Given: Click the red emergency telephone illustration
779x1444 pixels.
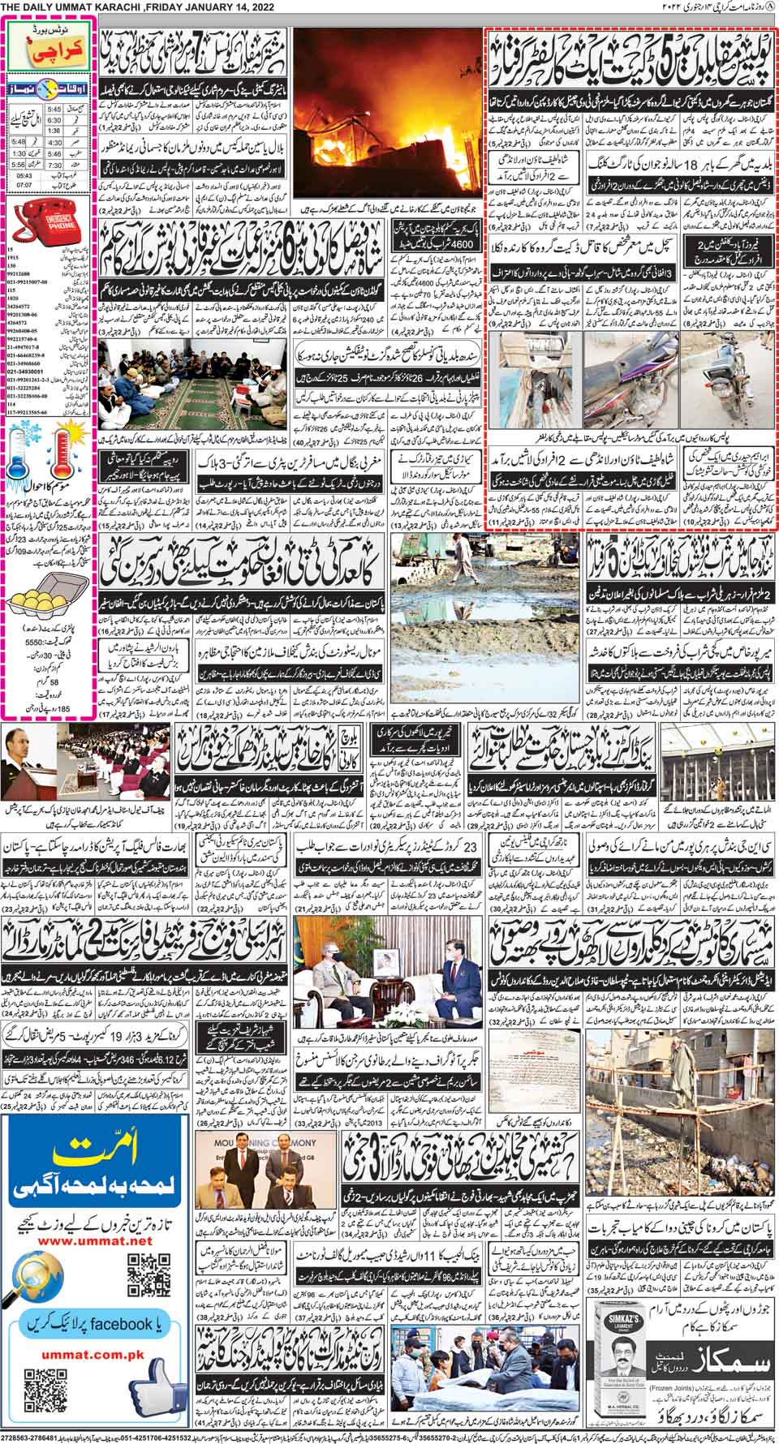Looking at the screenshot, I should [x=48, y=218].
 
